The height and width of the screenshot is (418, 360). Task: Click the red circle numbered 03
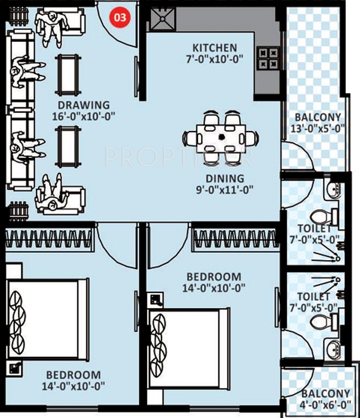click(120, 17)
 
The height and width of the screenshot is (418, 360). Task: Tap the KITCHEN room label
click(214, 48)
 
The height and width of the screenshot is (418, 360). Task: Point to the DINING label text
click(225, 178)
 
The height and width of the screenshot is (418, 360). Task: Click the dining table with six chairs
click(221, 138)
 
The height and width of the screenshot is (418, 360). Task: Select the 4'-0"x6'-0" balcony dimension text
click(326, 405)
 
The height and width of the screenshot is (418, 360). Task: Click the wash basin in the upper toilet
click(334, 190)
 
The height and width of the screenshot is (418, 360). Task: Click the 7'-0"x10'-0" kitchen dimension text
click(214, 59)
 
